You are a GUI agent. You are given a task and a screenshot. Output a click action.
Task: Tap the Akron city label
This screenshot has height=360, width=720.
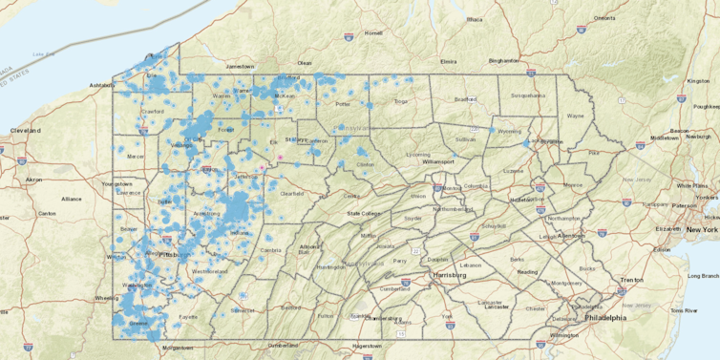[34, 180]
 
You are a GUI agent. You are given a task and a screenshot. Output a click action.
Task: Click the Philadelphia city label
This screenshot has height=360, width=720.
[606, 317]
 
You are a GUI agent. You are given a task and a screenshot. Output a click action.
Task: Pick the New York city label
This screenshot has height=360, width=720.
[702, 230]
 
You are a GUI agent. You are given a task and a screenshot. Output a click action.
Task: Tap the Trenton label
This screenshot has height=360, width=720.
[632, 280]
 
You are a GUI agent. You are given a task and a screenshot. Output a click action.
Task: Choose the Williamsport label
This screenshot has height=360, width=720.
[438, 162]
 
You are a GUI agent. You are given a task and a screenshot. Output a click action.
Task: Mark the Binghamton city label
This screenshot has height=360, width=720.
[509, 60]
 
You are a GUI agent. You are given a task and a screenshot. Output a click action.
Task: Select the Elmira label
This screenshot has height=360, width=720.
[449, 61]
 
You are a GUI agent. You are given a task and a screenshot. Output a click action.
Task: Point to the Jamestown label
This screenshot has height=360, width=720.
[240, 66]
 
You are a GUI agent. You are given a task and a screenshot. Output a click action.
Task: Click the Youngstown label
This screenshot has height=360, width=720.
[117, 182]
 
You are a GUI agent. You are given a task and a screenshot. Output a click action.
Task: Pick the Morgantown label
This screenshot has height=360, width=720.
[177, 348]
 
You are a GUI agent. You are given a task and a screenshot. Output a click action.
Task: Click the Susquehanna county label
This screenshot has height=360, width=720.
[528, 95]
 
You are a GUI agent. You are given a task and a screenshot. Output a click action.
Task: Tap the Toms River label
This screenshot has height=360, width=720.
[683, 310]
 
